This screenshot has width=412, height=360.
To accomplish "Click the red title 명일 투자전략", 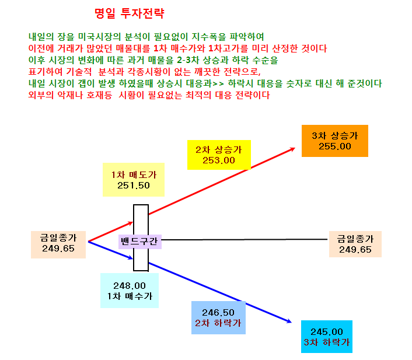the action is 130,13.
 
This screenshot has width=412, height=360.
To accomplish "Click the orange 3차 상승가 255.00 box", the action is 335,141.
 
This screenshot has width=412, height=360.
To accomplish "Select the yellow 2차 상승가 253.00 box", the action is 219,155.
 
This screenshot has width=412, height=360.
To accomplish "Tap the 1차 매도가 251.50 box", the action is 134,180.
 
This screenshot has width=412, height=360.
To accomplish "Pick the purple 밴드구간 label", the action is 140,242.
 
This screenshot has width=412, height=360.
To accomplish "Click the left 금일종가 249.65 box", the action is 58,244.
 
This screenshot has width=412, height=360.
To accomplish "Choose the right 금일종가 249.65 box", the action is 355,244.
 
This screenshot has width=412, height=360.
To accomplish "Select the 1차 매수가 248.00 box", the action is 130,291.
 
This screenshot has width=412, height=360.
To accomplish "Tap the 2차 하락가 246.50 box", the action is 218,317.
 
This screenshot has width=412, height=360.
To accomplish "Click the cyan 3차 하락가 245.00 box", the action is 327,336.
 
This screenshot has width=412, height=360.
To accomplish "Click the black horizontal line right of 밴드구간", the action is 245,239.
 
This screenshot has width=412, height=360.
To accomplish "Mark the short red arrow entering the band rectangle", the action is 111,232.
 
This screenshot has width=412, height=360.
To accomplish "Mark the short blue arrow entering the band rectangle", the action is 111,250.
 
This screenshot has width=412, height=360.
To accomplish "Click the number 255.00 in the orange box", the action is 335,146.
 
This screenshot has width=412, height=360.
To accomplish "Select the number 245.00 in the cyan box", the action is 327,331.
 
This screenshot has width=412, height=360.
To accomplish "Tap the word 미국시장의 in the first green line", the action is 99,37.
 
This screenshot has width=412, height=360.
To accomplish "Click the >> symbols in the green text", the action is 218,83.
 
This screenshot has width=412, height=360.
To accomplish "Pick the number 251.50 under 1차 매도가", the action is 134,186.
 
